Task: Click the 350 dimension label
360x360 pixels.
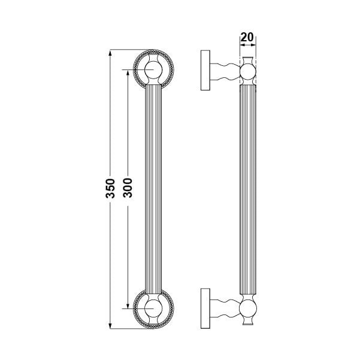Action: (110, 188)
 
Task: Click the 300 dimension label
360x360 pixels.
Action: (128, 188)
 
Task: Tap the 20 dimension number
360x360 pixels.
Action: (247, 37)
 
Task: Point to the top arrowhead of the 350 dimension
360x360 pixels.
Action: (110, 53)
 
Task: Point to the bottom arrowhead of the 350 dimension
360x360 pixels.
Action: (110, 326)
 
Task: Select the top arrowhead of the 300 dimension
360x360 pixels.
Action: (128, 72)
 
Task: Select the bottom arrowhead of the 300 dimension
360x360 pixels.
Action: (128, 305)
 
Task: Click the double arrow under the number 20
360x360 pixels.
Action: (248, 45)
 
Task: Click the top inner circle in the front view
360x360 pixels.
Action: (153, 69)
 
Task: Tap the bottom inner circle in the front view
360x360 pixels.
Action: (153, 308)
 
